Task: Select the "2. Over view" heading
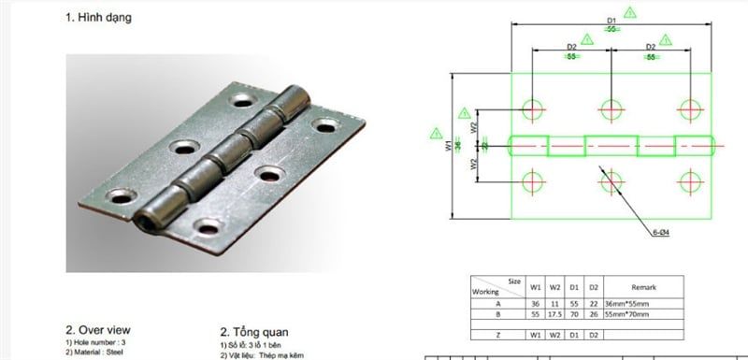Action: pos(98,330)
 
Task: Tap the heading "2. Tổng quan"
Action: pos(254,331)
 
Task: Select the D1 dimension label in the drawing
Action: pos(611,20)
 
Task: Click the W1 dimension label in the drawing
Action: pos(449,146)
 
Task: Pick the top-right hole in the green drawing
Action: pos(690,108)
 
